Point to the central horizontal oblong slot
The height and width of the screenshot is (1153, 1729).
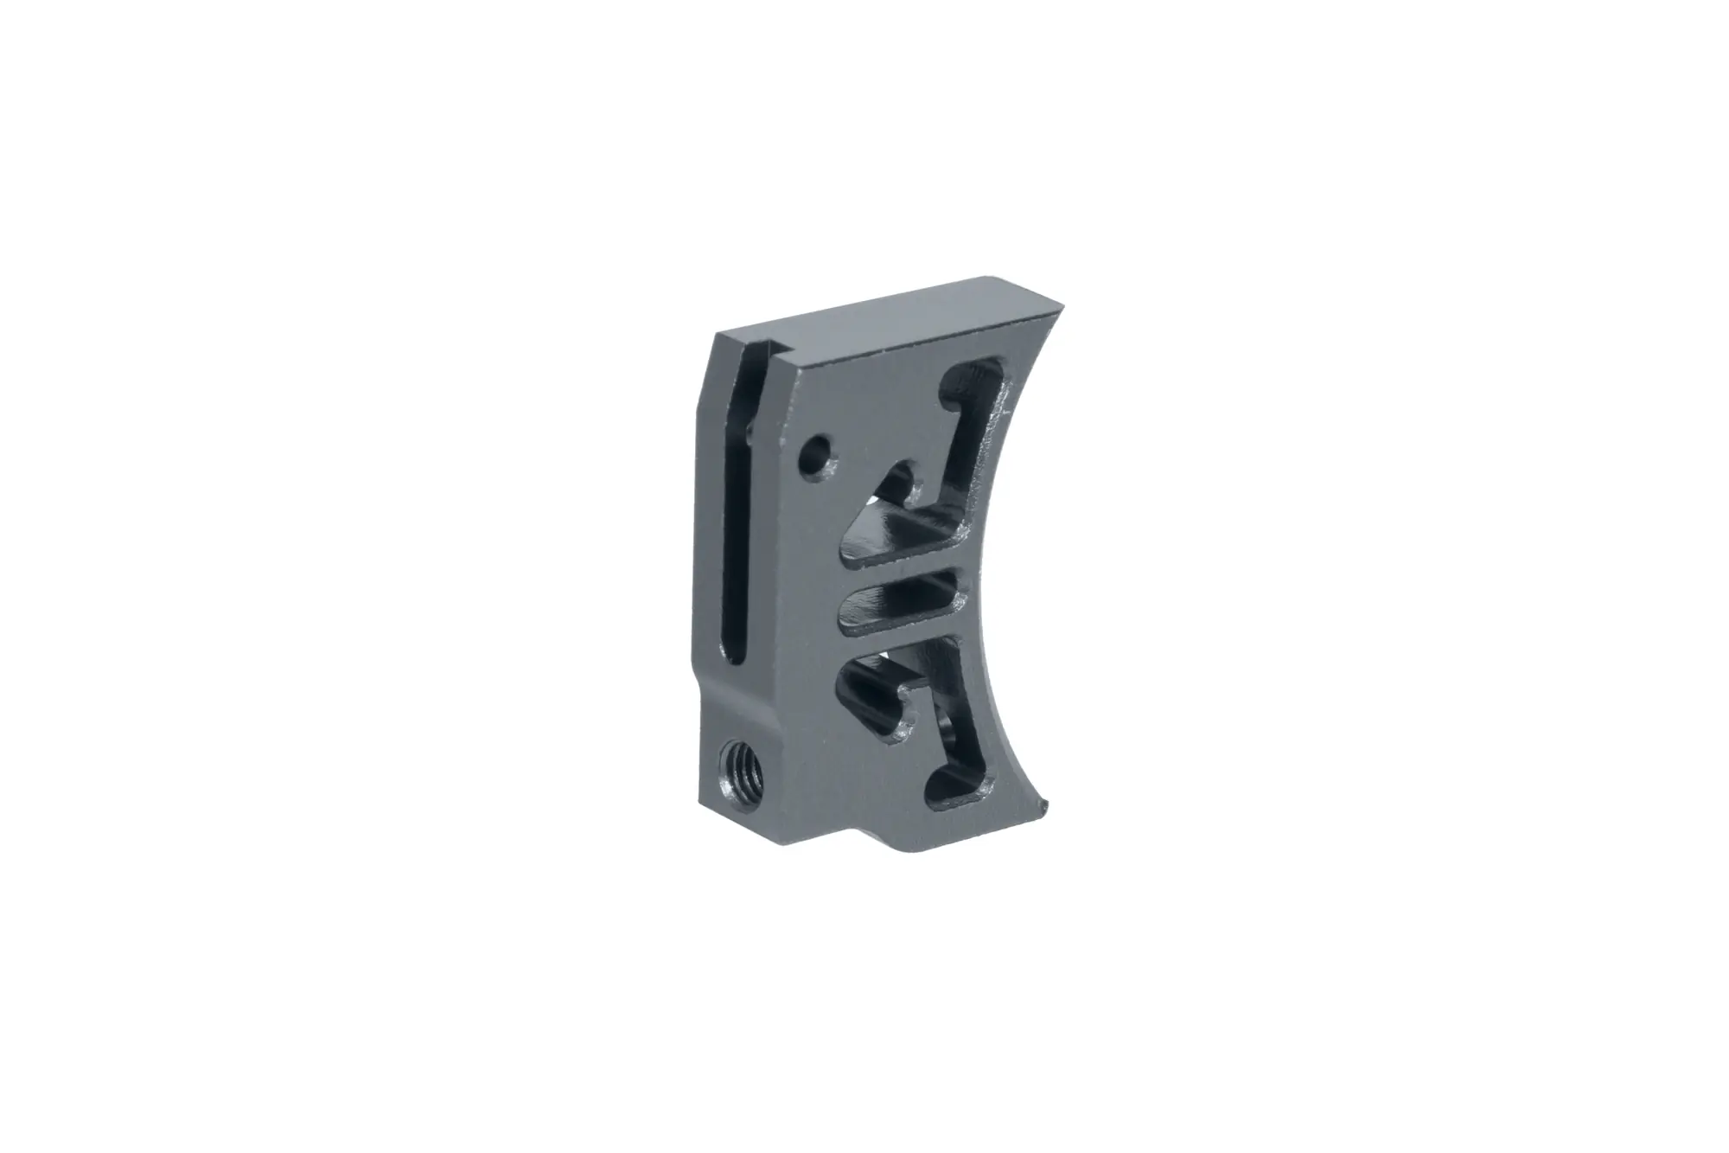click(x=899, y=595)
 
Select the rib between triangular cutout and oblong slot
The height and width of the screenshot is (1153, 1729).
click(x=908, y=567)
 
